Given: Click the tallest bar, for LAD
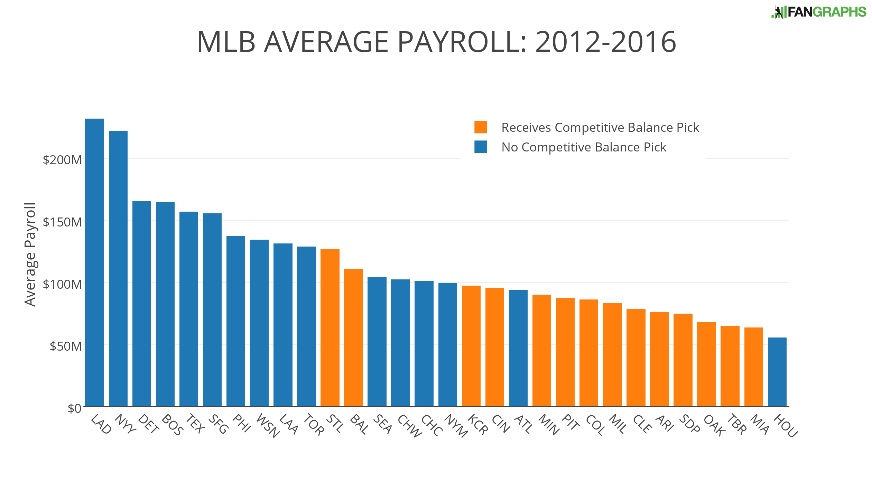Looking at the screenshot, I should pyautogui.click(x=94, y=263).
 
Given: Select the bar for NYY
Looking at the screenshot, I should pyautogui.click(x=118, y=269).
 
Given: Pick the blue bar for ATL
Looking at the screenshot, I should pyautogui.click(x=518, y=348).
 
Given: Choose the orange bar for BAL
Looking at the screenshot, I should pyautogui.click(x=353, y=338).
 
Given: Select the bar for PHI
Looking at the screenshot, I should pyautogui.click(x=235, y=321).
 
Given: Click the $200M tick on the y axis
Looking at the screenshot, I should pyautogui.click(x=62, y=160).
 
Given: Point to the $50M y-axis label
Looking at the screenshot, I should pyautogui.click(x=66, y=346).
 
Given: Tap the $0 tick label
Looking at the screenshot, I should pyautogui.click(x=74, y=408).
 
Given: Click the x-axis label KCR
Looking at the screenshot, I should pyautogui.click(x=478, y=425).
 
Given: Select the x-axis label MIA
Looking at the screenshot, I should pyautogui.click(x=760, y=424).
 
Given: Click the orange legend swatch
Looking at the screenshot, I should pyautogui.click(x=480, y=127).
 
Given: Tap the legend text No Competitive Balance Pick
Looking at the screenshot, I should pyautogui.click(x=584, y=147).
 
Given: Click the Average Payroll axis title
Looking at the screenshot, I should pyautogui.click(x=30, y=254).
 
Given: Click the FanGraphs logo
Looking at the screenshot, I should pyautogui.click(x=819, y=12).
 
